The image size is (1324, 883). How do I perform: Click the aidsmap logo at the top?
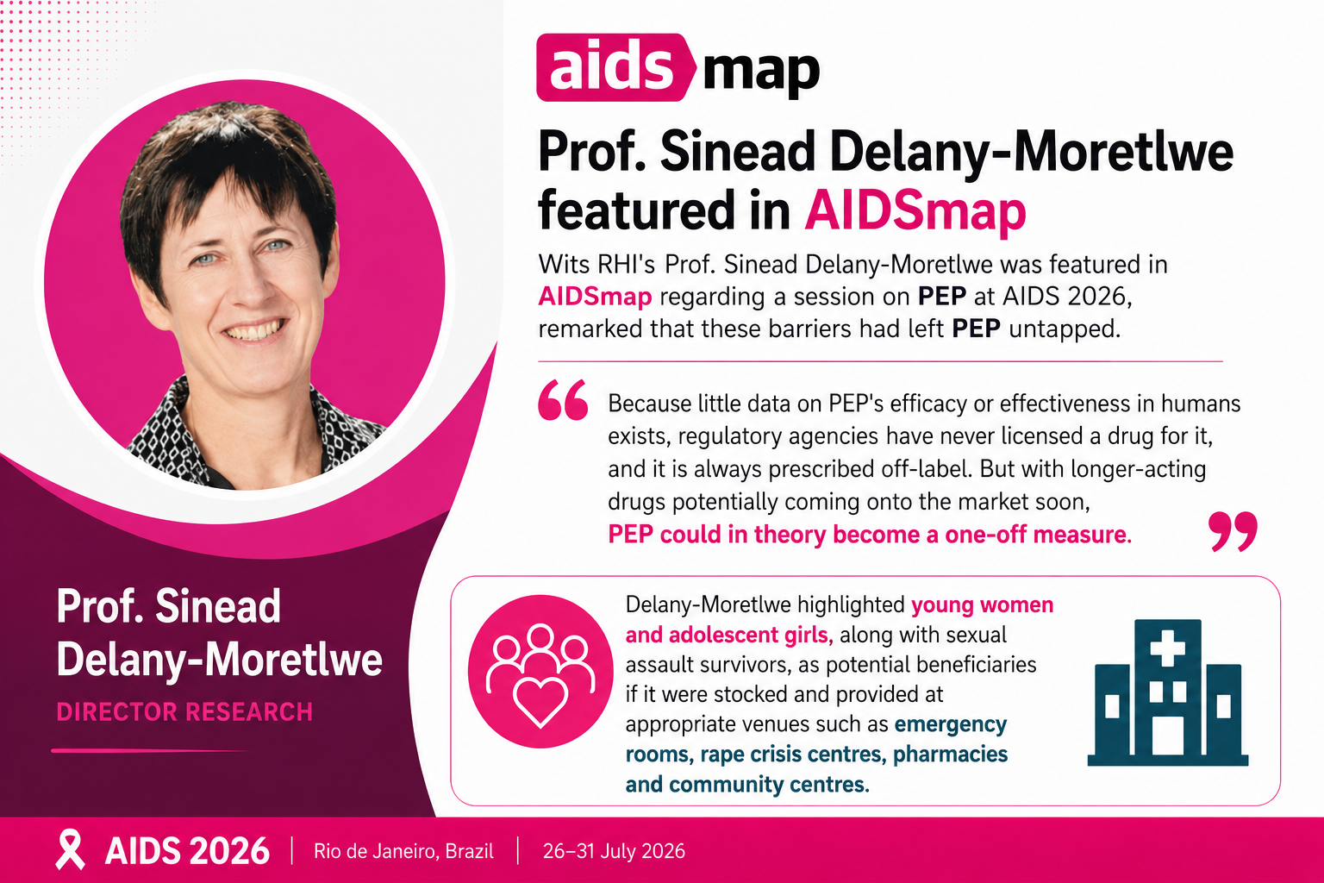(678, 67)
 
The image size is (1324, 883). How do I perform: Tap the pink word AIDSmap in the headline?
(915, 211)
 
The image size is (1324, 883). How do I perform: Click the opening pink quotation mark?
(563, 400)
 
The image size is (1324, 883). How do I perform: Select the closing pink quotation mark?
(1233, 531)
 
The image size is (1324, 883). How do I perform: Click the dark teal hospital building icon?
(1168, 692)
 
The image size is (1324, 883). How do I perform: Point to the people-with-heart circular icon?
(540, 671)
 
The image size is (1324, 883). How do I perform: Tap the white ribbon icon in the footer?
(71, 849)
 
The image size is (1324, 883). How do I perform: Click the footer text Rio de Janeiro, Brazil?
(403, 851)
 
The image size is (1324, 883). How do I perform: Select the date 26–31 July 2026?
(614, 851)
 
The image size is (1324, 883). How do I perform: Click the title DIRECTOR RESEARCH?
(184, 711)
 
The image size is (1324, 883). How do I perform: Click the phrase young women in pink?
(983, 605)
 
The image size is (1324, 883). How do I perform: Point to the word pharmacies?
(951, 754)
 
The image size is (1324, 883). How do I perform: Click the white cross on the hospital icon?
(1167, 648)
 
